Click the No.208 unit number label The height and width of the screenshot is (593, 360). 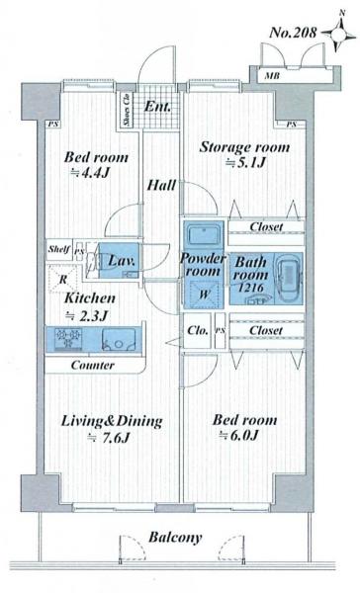click(x=293, y=33)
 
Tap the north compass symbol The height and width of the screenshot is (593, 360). click(x=339, y=34)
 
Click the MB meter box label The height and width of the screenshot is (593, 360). click(x=272, y=76)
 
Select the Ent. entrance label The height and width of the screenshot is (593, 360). click(x=157, y=107)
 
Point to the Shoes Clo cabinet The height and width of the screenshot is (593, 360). click(x=127, y=110)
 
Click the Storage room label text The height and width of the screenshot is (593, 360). click(x=244, y=147)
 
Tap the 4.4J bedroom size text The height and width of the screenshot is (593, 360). click(x=91, y=173)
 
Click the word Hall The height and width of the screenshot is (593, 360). click(x=161, y=186)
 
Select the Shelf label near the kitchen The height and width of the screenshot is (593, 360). click(x=59, y=249)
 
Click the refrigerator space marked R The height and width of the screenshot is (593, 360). click(x=63, y=279)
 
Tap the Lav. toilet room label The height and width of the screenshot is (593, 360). click(x=122, y=261)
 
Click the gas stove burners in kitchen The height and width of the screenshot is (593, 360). click(x=68, y=339)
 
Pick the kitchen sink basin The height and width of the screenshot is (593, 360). click(x=119, y=339)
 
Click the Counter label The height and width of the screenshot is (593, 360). click(x=93, y=366)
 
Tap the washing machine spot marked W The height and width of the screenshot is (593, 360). click(x=204, y=294)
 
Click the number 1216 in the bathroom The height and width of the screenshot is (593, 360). click(x=250, y=288)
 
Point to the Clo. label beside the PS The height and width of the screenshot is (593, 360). click(x=198, y=330)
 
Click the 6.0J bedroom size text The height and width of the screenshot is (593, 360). click(x=239, y=435)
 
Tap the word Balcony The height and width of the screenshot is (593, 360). click(x=175, y=537)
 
